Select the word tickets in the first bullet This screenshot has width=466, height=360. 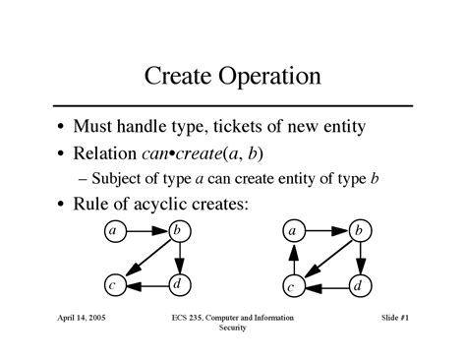[x=227, y=127]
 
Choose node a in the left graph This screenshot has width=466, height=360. [x=114, y=232]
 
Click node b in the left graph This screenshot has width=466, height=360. [x=180, y=232]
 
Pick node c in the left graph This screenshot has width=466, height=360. [x=114, y=286]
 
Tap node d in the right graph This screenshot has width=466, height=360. [x=360, y=285]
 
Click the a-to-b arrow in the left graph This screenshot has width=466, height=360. [x=146, y=232]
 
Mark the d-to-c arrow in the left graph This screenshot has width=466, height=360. [x=146, y=286]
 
